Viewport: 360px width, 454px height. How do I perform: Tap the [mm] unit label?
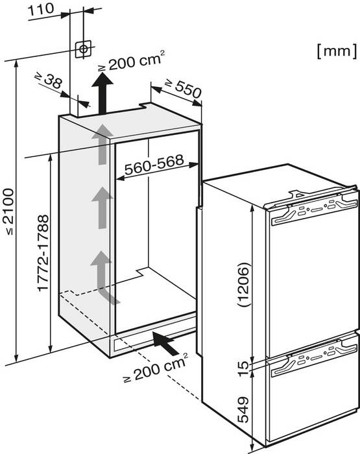coord(337,51)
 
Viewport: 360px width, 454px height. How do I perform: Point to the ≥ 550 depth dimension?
coord(183,88)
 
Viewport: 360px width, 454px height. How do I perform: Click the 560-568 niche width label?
coord(154,165)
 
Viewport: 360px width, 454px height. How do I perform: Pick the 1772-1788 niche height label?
coord(43,252)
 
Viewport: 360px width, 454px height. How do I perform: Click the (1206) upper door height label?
coord(243,285)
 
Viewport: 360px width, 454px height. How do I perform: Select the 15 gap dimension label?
coord(243,368)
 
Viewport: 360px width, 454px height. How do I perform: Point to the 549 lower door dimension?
coord(243,409)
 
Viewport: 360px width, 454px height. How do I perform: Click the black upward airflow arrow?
coord(102,93)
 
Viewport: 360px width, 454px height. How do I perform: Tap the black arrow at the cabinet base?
coord(165,344)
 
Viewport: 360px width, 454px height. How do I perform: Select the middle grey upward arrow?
coord(102,208)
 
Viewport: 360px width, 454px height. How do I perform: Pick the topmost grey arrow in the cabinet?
coord(102,144)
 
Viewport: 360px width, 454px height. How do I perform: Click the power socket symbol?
coord(84,49)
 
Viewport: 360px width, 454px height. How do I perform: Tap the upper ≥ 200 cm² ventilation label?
coord(132,61)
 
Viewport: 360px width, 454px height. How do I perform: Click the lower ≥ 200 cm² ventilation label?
coord(156,368)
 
